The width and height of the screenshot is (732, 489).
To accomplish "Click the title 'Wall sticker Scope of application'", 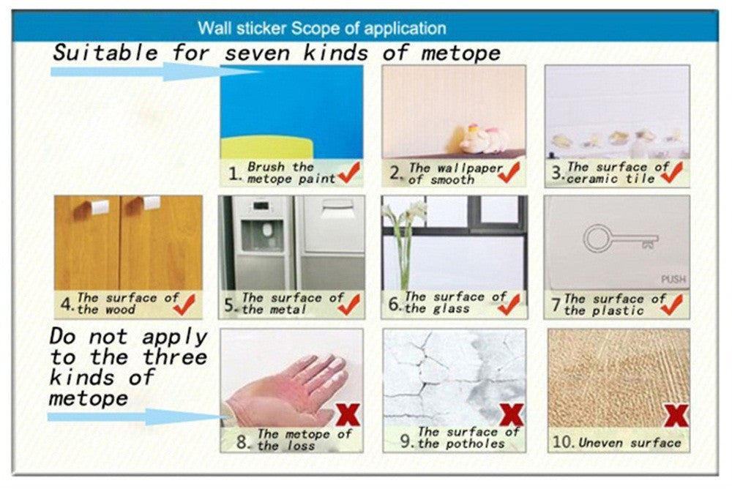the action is click(321, 29).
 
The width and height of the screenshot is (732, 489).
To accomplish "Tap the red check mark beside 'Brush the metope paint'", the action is click(349, 173).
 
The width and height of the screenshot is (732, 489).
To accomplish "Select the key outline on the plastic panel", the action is click(621, 238).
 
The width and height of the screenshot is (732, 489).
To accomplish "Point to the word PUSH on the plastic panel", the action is click(673, 279).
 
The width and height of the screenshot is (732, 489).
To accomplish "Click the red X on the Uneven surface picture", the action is click(676, 415).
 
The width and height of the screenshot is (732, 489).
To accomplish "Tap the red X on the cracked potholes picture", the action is click(511, 415).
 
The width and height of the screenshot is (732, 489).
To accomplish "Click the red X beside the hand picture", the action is click(347, 415).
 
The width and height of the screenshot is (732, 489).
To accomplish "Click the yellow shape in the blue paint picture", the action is click(267, 148).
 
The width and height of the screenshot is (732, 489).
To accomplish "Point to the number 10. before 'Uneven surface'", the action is click(562, 442).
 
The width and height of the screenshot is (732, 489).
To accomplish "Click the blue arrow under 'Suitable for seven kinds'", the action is click(154, 72).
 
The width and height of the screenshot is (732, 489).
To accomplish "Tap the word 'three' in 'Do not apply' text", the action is click(174, 358).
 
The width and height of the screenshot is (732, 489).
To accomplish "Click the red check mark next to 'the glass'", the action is click(509, 304).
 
